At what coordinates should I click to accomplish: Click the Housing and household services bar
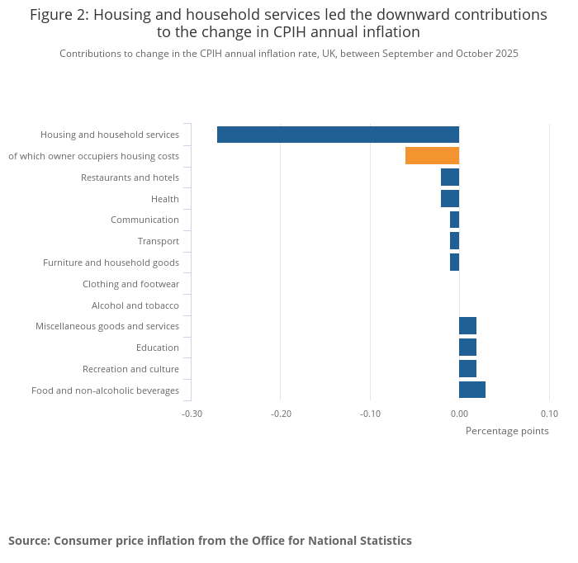(338, 135)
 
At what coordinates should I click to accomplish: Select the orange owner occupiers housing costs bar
(432, 156)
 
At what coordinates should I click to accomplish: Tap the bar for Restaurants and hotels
(450, 177)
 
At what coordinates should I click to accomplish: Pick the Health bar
(450, 198)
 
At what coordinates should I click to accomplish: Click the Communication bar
(454, 220)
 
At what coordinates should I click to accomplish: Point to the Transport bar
(454, 241)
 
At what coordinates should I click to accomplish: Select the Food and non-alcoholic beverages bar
(472, 390)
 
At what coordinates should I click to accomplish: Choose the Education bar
(467, 348)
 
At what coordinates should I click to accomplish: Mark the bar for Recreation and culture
(467, 368)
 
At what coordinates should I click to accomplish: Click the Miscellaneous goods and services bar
(467, 326)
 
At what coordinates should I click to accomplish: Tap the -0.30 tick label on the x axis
(192, 414)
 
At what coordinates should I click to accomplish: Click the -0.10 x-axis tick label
(370, 414)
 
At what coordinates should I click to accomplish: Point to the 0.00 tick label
(459, 414)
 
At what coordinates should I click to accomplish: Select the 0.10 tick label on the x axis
(549, 414)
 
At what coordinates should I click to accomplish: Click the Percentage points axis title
(507, 430)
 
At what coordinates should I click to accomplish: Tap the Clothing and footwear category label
(130, 284)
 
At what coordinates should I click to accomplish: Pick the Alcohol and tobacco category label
(135, 305)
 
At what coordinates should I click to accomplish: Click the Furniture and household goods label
(111, 263)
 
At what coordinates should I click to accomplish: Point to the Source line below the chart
(210, 541)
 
